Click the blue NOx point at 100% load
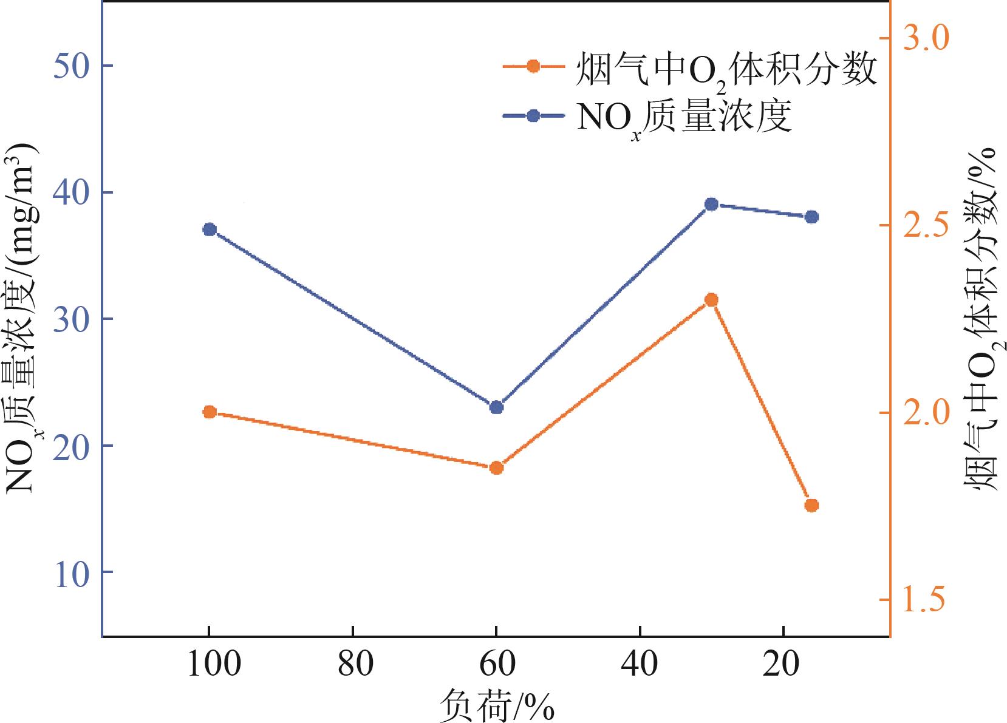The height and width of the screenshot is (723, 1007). [x=210, y=229]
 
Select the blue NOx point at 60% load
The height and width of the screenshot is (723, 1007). [x=496, y=407]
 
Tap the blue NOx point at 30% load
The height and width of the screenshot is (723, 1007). [x=711, y=204]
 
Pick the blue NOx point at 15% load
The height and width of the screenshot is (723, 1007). [x=811, y=217]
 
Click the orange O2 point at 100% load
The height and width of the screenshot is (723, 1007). [x=210, y=412]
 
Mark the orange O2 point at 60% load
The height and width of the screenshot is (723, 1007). [x=496, y=467]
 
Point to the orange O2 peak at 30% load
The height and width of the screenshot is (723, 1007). [x=711, y=300]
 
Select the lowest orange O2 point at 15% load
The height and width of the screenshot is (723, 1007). [x=811, y=505]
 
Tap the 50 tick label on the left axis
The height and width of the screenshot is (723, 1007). [x=72, y=65]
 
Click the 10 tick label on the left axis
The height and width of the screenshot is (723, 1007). [x=72, y=572]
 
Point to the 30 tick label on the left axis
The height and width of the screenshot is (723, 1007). [x=72, y=319]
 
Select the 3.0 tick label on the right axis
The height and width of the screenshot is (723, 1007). [x=926, y=38]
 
